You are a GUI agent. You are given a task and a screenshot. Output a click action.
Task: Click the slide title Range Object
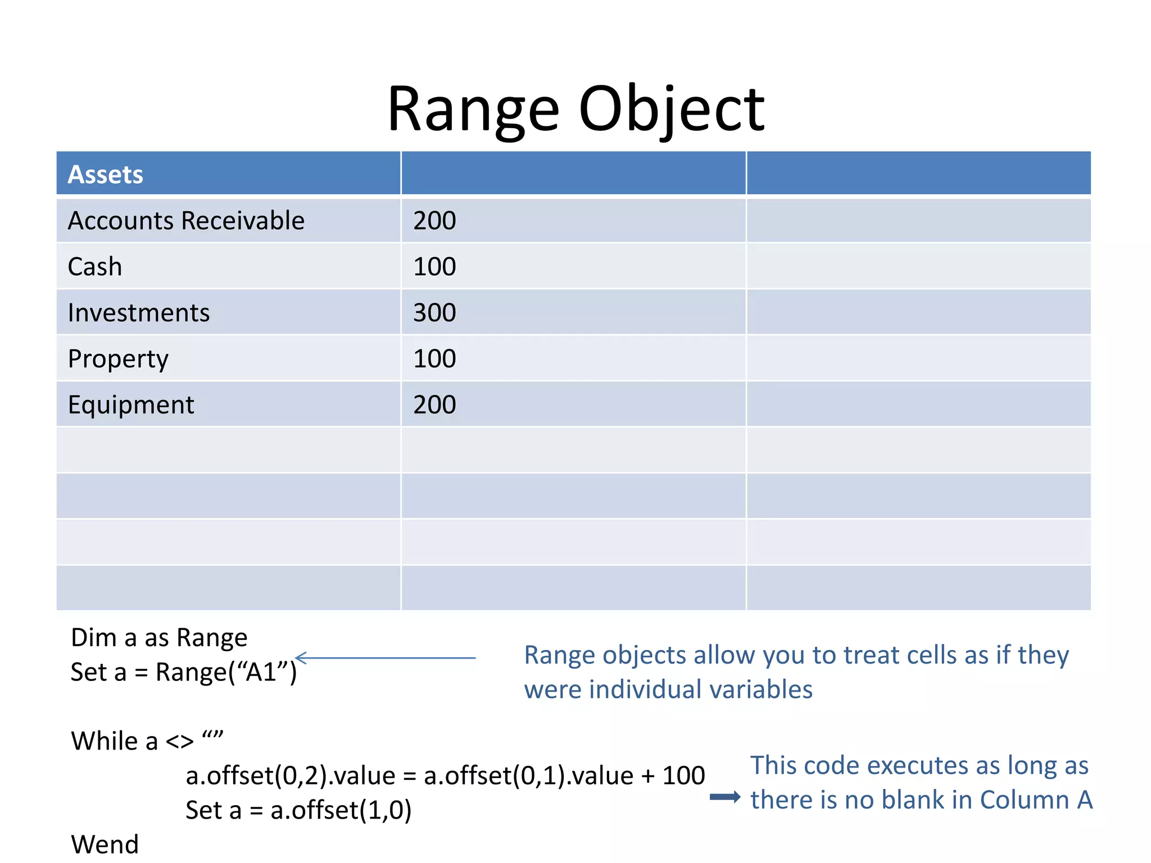coord(575,110)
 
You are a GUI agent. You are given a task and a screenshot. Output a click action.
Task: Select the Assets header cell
coord(106,174)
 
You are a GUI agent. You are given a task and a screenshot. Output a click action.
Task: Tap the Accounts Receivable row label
coord(186,220)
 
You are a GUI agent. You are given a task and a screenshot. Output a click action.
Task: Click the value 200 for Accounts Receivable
coord(434,220)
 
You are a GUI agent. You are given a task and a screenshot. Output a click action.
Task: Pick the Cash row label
coord(95,266)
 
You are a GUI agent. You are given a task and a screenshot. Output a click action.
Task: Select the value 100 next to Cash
coord(434,266)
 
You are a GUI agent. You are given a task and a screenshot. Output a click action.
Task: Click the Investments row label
coord(138,312)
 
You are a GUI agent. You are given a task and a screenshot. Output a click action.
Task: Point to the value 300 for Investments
coord(434,312)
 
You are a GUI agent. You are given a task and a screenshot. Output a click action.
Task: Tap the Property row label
coord(118,358)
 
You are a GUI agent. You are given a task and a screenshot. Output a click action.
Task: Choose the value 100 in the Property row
coord(434,358)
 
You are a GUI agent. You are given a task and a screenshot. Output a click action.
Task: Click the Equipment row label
coord(131,405)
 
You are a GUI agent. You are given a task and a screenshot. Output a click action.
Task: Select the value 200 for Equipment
coord(434,405)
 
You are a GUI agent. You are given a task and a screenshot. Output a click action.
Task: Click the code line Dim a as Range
coord(159,638)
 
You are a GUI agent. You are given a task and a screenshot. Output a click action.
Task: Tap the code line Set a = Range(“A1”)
coord(183,672)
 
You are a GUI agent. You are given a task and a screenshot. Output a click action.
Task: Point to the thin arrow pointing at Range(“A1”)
coord(386,657)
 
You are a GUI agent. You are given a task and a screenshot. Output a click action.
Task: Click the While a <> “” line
coord(147,741)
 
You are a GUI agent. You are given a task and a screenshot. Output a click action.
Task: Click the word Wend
coord(105,844)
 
